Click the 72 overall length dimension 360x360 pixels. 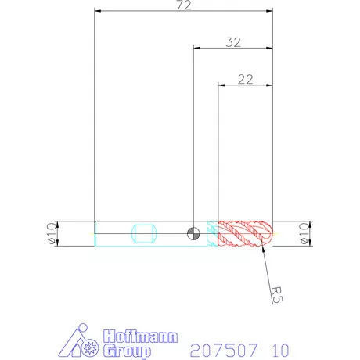(184, 5)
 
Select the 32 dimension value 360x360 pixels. (233, 42)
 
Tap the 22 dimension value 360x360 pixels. (245, 79)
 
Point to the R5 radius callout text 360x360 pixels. (277, 295)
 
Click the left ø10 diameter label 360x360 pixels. (52, 233)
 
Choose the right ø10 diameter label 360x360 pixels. (304, 233)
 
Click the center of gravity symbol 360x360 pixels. (193, 233)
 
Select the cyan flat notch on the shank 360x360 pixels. (144, 233)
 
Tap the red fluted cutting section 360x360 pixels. (245, 233)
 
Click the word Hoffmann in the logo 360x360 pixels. (140, 337)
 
